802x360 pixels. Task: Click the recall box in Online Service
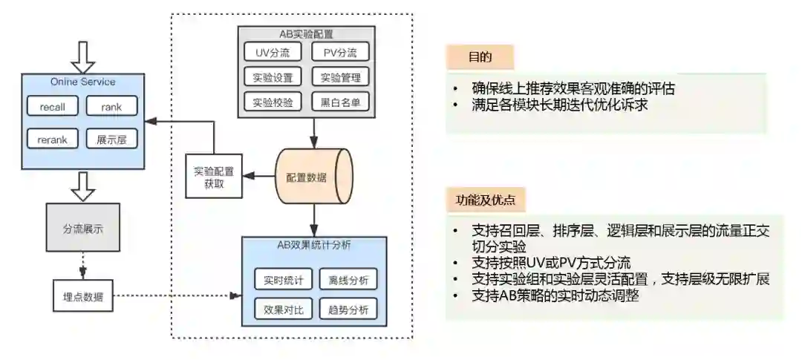coord(53,107)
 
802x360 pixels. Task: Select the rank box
coord(111,107)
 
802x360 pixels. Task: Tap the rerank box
coord(53,139)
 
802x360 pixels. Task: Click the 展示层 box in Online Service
coord(111,139)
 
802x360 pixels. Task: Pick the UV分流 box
coord(273,52)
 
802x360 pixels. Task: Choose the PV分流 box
coord(339,52)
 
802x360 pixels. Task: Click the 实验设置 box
coord(273,77)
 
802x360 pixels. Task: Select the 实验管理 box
coord(339,77)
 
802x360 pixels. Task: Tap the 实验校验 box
coord(273,102)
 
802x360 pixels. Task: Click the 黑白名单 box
coord(339,102)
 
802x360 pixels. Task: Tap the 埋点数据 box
coord(82,297)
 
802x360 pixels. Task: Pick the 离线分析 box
coord(348,280)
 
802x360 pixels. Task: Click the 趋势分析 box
coord(348,309)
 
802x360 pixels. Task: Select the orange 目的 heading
coord(480,56)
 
